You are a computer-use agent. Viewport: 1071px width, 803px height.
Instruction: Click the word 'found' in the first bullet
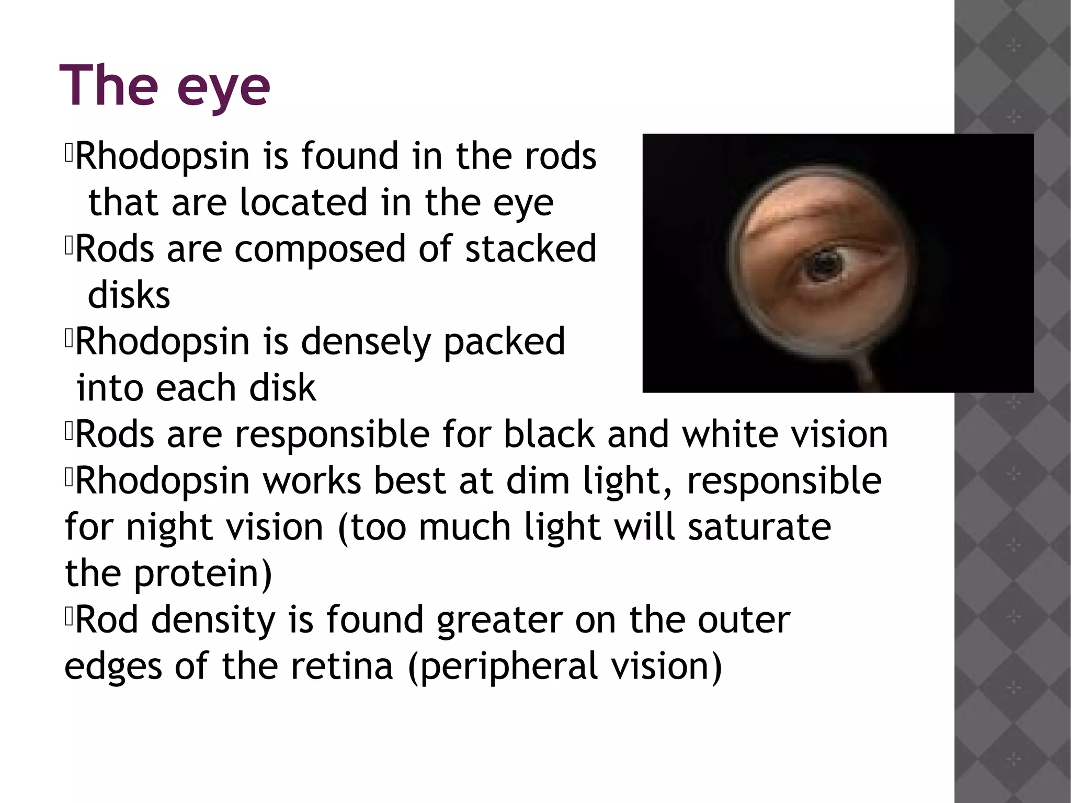tap(350, 156)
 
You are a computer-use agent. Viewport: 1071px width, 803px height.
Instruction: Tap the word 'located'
tap(304, 202)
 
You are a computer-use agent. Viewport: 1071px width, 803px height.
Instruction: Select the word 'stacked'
tap(531, 248)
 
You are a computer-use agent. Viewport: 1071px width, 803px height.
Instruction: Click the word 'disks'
tap(129, 295)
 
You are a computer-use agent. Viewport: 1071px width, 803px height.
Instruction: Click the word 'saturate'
tap(759, 527)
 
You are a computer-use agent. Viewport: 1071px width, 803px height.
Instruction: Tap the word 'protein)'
tap(203, 574)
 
